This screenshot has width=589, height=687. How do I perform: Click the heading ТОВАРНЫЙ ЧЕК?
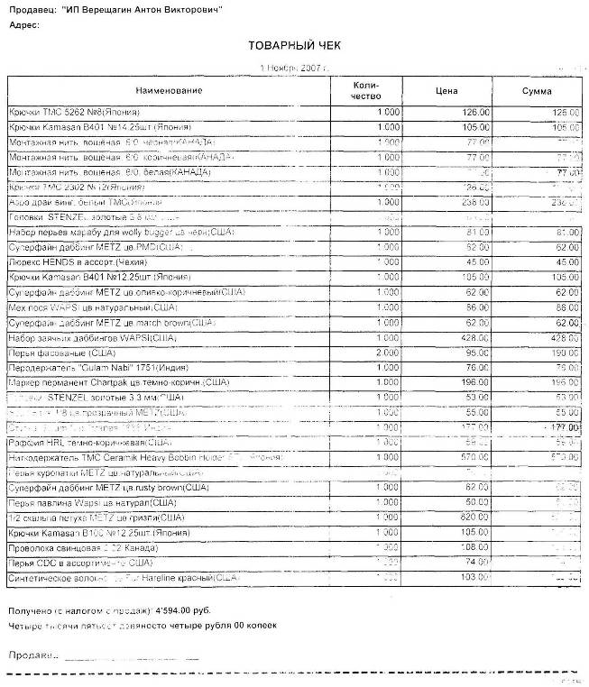[x=294, y=45]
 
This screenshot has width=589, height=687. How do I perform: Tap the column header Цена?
[x=446, y=90]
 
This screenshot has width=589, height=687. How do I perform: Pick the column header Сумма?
[x=538, y=91]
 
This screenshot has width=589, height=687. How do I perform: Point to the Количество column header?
[x=366, y=90]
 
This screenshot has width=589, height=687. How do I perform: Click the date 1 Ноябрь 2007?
[x=290, y=68]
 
